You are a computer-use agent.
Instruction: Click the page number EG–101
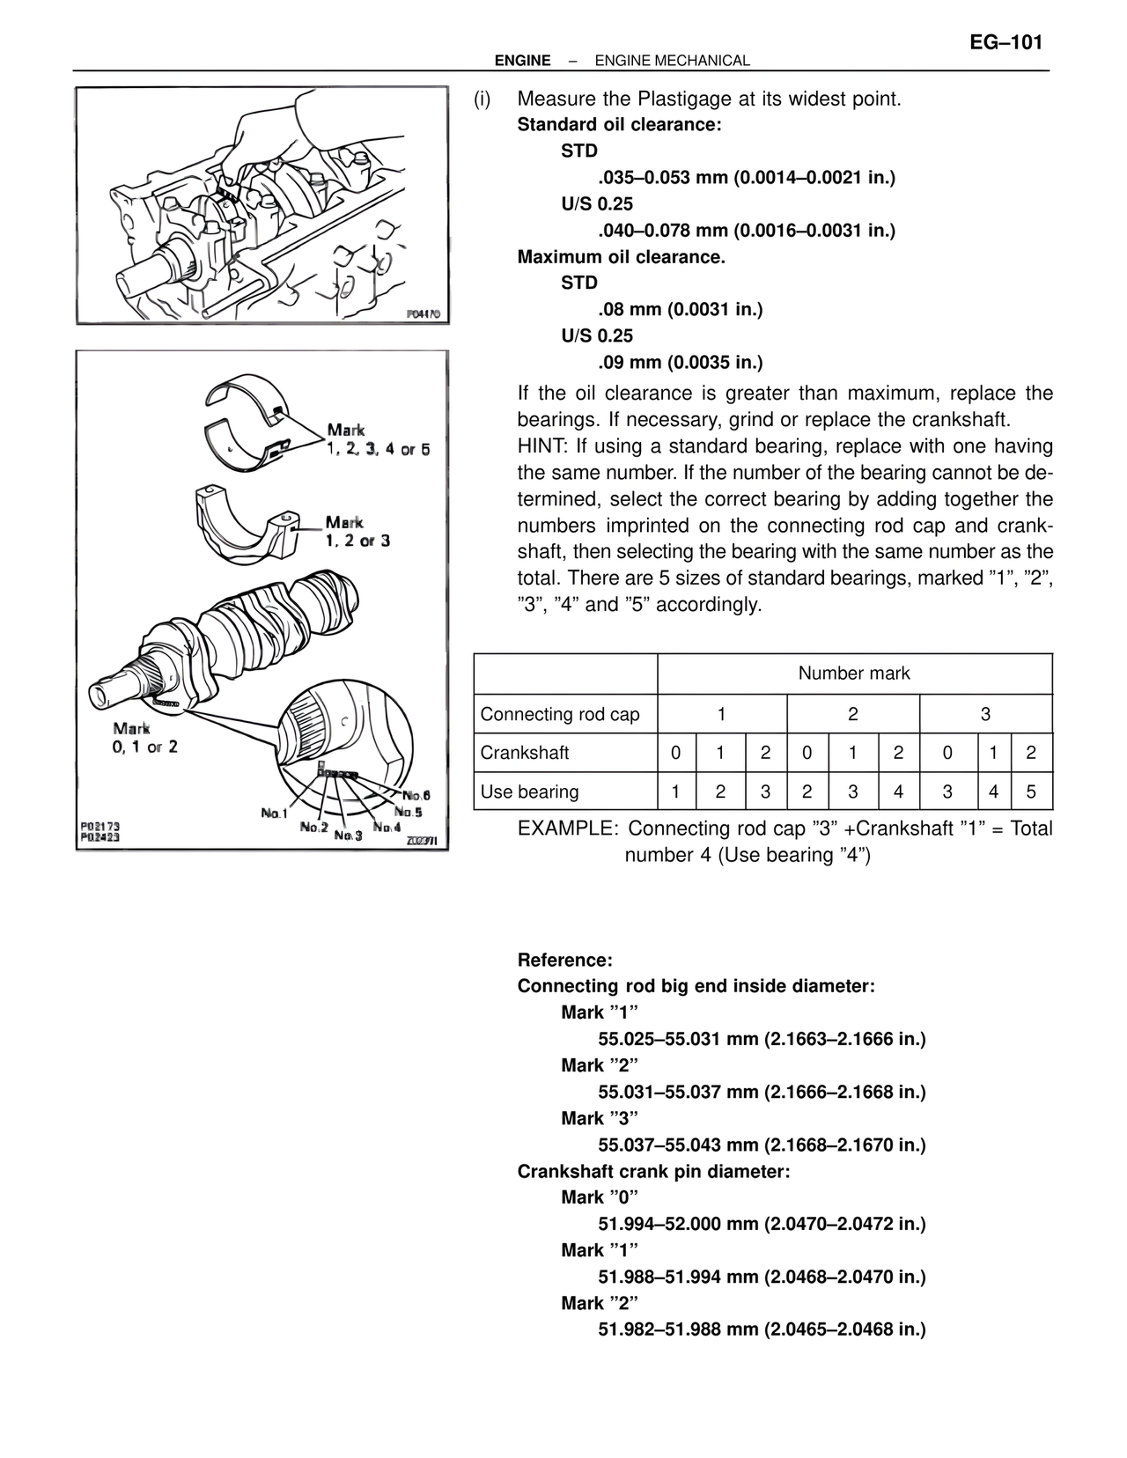click(x=1005, y=42)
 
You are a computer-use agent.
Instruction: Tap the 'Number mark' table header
click(x=853, y=674)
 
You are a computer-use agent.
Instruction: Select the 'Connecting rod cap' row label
click(x=560, y=714)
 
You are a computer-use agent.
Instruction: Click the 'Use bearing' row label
click(x=529, y=792)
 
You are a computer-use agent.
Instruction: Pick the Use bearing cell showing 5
click(x=1031, y=792)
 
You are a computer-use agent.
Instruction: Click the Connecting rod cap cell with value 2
click(x=852, y=714)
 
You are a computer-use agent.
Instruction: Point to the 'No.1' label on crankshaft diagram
click(x=274, y=813)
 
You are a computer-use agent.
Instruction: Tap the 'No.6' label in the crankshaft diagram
click(x=416, y=795)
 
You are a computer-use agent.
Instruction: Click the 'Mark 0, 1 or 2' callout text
click(x=145, y=738)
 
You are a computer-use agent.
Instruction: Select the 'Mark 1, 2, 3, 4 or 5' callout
click(x=378, y=439)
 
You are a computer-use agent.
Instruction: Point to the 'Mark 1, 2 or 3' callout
click(x=357, y=532)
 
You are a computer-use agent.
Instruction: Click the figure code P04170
click(x=423, y=313)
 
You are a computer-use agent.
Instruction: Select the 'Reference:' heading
click(x=564, y=960)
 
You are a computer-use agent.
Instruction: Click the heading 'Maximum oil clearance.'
click(x=621, y=257)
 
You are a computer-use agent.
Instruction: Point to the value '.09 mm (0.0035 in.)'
click(x=680, y=362)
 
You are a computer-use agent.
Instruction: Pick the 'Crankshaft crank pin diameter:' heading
click(x=653, y=1171)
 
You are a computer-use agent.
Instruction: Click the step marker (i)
click(x=482, y=99)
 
